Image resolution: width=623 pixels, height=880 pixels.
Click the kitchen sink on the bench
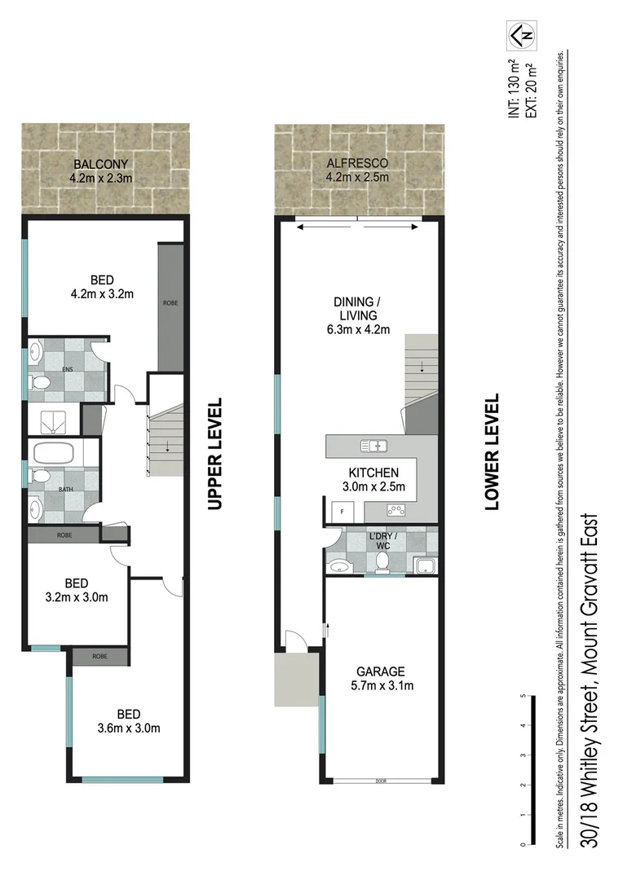click(x=375, y=445)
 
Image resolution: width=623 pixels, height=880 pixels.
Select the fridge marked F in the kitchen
click(x=342, y=512)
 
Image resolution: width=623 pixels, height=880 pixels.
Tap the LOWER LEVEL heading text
click(x=492, y=452)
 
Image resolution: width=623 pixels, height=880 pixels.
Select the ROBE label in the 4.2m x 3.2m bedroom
click(x=170, y=303)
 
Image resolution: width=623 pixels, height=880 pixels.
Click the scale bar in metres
click(x=524, y=770)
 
